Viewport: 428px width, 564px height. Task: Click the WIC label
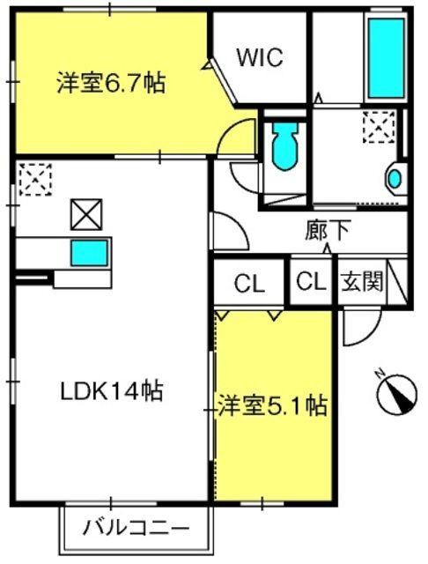point(260,57)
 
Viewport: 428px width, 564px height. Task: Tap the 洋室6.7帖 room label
point(111,83)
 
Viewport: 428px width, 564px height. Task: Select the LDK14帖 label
point(112,391)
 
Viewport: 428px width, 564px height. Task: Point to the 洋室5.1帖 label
point(273,406)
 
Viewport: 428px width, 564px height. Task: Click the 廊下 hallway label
point(328,230)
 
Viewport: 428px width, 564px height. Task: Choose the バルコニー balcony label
point(136,528)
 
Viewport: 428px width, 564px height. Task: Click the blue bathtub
point(387,57)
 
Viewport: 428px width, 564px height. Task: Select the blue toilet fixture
point(285,145)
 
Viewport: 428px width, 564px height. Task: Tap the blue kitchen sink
point(89,253)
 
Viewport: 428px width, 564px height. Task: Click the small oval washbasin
point(395,179)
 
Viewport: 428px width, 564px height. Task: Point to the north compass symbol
point(398,392)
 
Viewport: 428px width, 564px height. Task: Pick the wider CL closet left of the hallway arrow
point(249,284)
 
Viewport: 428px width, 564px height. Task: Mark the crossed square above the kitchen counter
point(86,214)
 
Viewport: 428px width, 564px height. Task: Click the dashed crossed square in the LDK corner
point(35,180)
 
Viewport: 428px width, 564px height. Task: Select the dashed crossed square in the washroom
point(379,127)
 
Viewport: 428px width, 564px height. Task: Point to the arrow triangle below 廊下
point(328,249)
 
